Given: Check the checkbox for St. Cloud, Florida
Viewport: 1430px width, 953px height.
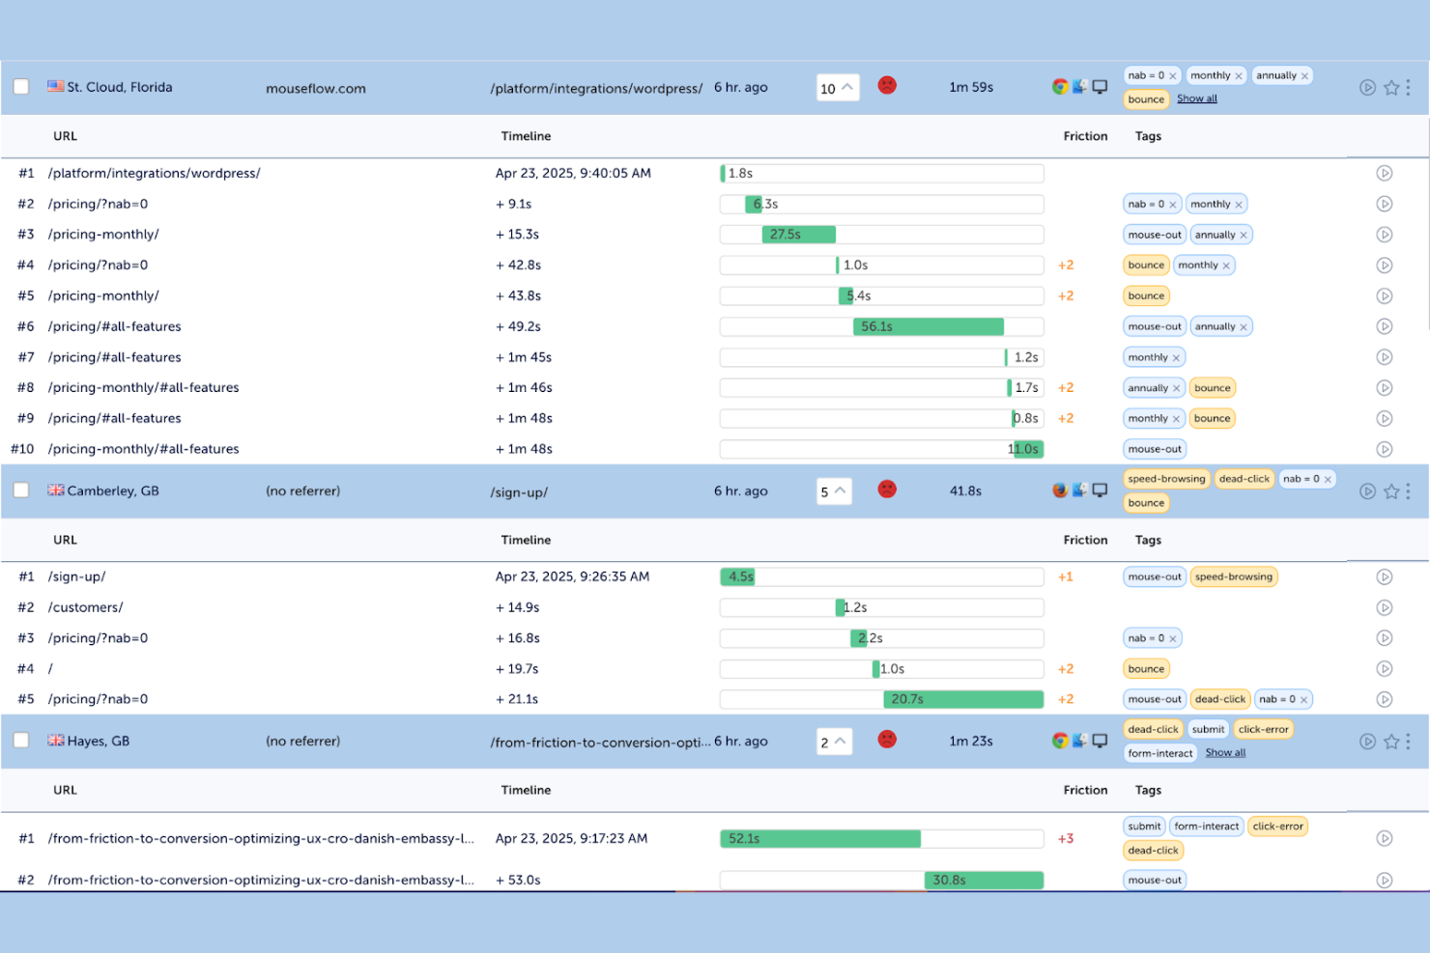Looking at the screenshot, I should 20,87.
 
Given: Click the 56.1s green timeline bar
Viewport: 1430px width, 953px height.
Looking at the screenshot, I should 929,326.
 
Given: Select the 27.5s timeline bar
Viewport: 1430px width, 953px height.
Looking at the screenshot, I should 798,235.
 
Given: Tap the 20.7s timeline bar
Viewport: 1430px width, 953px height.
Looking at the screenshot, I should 962,699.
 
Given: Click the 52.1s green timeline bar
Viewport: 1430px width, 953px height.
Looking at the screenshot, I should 820,838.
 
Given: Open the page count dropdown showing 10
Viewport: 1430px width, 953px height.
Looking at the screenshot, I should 837,88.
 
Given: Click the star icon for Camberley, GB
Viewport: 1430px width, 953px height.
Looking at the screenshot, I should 1391,491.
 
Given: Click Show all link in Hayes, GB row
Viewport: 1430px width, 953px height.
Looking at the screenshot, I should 1225,753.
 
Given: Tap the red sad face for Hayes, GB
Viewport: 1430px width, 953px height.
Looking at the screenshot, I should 887,740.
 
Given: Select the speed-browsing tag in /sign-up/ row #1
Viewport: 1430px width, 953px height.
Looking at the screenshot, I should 1234,576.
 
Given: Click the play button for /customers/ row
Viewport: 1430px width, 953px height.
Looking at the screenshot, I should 1385,607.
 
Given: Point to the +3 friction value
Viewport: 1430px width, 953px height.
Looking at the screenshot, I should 1066,838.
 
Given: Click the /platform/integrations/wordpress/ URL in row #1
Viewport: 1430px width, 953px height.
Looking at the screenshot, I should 155,173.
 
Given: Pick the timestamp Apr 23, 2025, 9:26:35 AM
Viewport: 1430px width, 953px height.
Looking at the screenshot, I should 572,576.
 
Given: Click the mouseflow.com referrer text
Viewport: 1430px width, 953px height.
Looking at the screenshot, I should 316,88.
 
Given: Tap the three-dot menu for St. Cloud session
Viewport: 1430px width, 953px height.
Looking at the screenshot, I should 1408,87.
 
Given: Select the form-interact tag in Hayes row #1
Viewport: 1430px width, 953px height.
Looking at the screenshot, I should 1206,827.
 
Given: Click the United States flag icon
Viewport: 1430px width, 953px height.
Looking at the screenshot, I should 56,86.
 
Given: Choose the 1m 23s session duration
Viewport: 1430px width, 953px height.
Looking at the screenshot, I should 971,741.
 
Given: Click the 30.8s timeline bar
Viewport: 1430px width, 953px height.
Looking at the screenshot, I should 984,880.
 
